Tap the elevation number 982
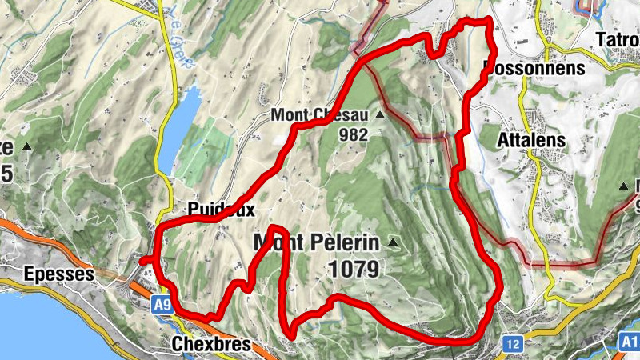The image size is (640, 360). (x=352, y=135)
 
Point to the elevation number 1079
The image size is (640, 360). (x=353, y=269)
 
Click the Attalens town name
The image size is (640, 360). (x=531, y=140)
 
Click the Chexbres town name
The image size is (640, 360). (x=210, y=345)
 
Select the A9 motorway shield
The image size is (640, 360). (x=162, y=304)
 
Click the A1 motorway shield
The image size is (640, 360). (x=629, y=342)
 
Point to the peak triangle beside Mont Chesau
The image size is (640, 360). (x=380, y=115)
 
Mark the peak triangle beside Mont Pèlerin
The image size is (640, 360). (x=393, y=242)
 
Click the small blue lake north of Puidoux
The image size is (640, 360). (x=180, y=128)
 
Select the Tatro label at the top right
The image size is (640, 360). (x=617, y=38)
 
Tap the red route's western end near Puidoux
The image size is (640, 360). (x=142, y=261)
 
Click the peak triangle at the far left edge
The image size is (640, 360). (x=27, y=147)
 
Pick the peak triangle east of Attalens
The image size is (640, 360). (x=624, y=187)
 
